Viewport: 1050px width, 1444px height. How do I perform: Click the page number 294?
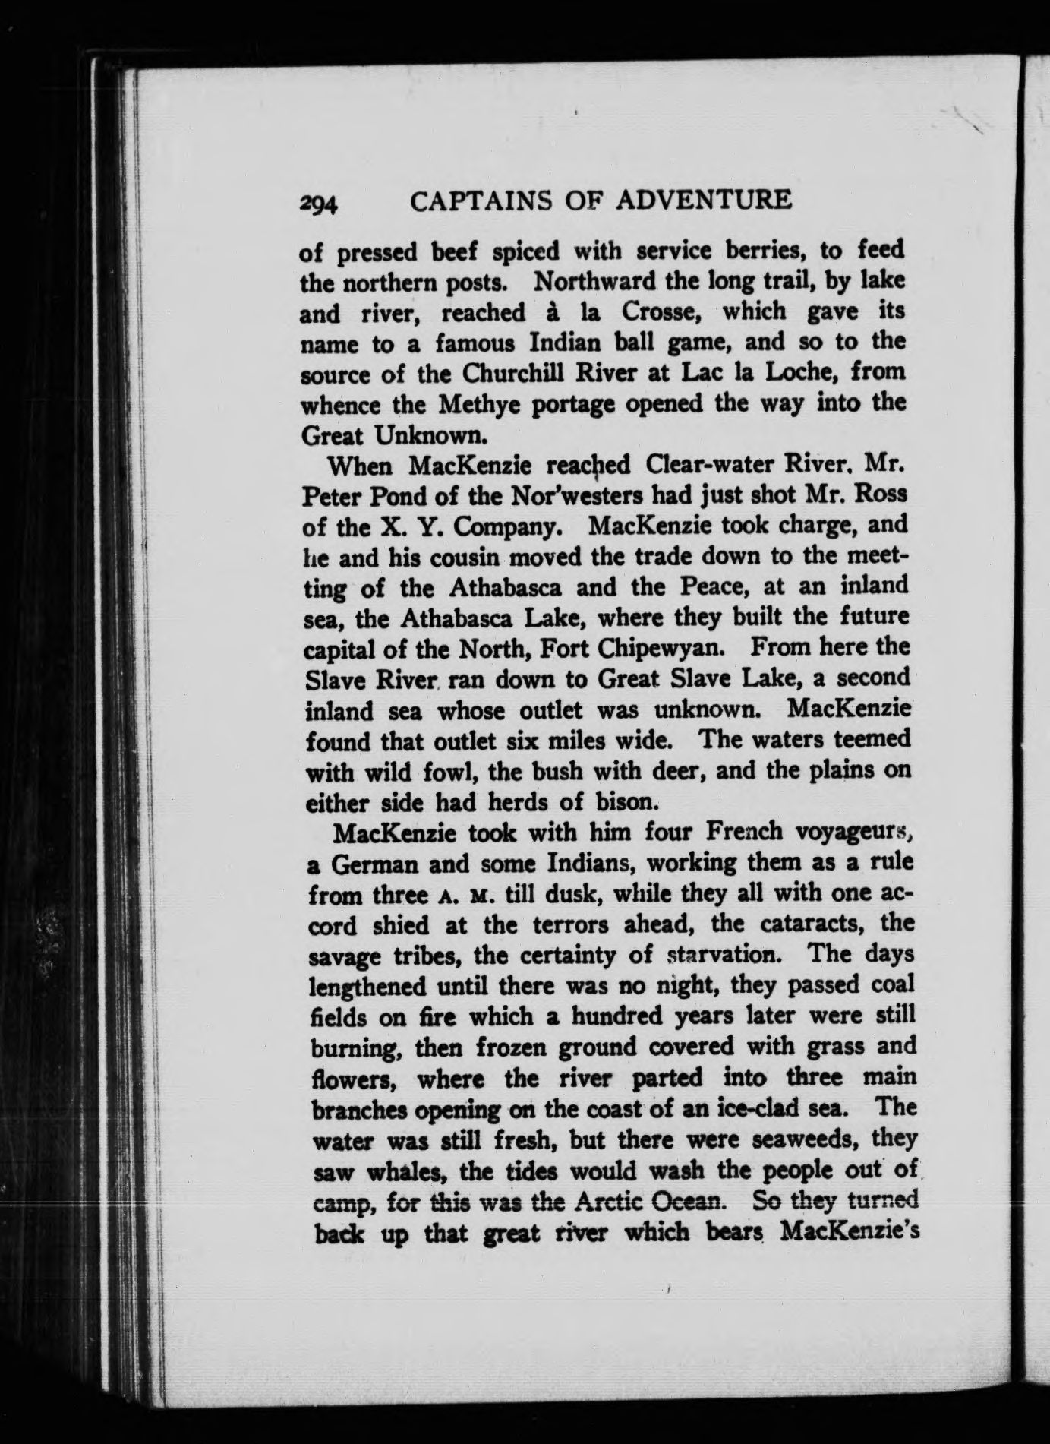(x=320, y=204)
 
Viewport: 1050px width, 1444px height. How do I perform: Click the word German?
(x=379, y=864)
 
